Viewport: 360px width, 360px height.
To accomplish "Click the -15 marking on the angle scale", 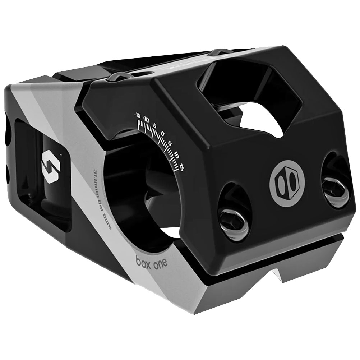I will pos(137,115).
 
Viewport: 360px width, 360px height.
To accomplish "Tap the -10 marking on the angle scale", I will pos(146,119).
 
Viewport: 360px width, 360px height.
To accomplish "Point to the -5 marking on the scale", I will pos(154,125).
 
